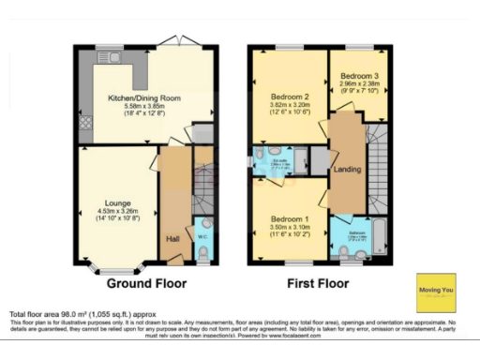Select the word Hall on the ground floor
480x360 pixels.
[x=172, y=239]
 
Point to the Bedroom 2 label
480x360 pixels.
[x=290, y=97]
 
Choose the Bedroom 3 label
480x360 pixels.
[x=359, y=76]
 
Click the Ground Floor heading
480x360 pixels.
[x=146, y=282]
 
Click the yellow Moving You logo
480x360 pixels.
[x=435, y=292]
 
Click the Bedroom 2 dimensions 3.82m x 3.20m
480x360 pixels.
[x=290, y=105]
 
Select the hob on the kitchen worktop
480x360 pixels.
[x=84, y=123]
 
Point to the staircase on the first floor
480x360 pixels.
[x=380, y=173]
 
